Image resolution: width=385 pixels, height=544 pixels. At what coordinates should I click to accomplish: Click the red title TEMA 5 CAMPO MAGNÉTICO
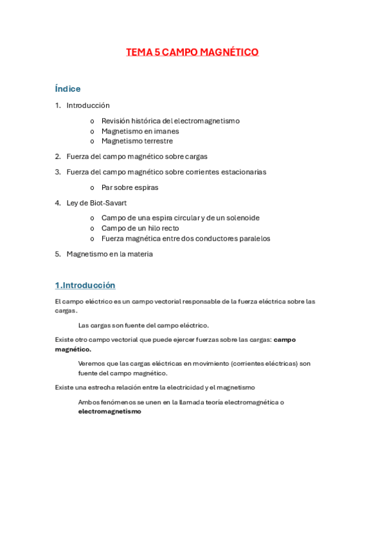click(192, 53)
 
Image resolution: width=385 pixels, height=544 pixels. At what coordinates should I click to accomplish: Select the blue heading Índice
click(67, 89)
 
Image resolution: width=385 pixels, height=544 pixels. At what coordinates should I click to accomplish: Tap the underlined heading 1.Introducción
click(85, 285)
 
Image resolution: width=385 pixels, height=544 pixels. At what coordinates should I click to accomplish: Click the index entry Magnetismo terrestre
click(137, 141)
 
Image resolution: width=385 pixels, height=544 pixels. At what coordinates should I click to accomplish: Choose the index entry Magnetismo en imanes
click(140, 131)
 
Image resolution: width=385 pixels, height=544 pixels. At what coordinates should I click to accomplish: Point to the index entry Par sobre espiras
click(130, 187)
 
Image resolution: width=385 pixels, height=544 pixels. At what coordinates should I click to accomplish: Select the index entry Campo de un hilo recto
click(140, 228)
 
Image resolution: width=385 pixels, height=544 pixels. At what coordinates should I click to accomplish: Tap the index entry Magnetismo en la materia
click(110, 254)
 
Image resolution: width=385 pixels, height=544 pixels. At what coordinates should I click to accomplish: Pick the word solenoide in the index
click(239, 218)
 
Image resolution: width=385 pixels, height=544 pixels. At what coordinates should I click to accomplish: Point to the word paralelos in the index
click(253, 239)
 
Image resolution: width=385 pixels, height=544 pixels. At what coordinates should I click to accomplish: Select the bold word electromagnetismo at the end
click(109, 412)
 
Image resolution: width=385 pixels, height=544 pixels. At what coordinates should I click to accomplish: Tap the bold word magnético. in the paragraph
click(73, 350)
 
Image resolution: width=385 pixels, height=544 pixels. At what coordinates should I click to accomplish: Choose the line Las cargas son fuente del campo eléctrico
click(143, 325)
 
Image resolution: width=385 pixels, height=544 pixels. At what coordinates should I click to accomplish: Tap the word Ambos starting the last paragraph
click(89, 402)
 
